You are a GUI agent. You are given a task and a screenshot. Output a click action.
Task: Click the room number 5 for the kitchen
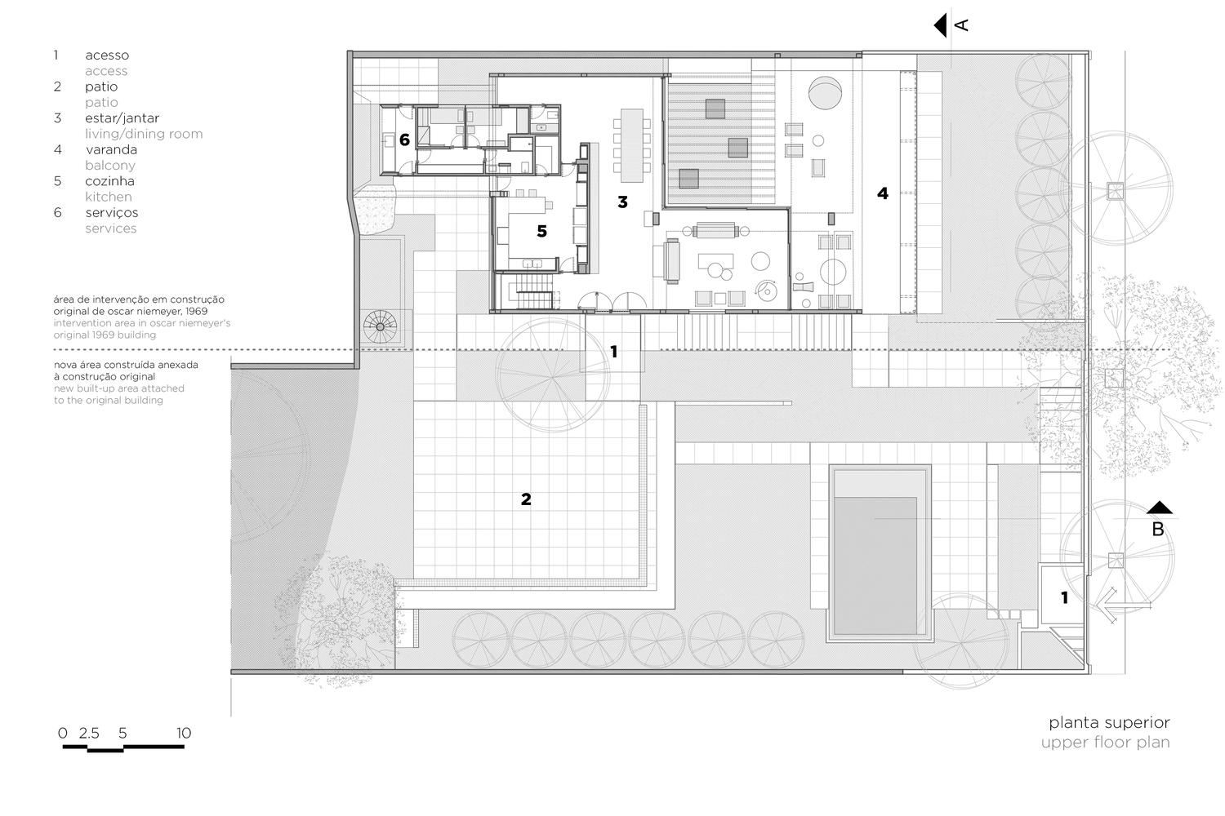tap(541, 231)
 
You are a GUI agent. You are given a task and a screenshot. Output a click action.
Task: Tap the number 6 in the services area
tap(404, 140)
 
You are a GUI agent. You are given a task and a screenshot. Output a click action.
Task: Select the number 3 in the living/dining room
tap(622, 202)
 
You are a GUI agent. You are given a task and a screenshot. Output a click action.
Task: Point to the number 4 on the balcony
tap(883, 193)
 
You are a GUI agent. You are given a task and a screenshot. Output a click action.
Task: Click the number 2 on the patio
tap(526, 499)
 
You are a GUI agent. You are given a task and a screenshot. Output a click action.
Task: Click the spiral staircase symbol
tap(380, 327)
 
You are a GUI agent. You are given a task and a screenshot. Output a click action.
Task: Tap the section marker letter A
tap(961, 25)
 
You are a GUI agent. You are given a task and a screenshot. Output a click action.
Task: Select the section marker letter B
tap(1158, 530)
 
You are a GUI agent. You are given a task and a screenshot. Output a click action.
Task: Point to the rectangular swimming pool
tap(878, 553)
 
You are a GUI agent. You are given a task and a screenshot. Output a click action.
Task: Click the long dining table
tap(631, 145)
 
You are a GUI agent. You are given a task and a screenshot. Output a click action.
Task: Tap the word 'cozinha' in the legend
tap(109, 181)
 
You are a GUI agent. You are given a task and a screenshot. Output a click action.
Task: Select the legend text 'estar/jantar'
tap(122, 118)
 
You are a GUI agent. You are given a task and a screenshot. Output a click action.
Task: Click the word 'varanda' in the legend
tap(112, 149)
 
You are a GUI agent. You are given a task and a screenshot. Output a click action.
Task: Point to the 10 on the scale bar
tap(184, 733)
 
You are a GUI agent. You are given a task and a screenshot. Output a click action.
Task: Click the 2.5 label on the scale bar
tap(88, 733)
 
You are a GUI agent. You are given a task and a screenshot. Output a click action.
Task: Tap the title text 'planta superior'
tap(1109, 722)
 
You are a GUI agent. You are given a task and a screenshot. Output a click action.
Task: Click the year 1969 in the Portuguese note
tap(196, 311)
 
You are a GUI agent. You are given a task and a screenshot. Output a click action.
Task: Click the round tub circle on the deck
tap(825, 93)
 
